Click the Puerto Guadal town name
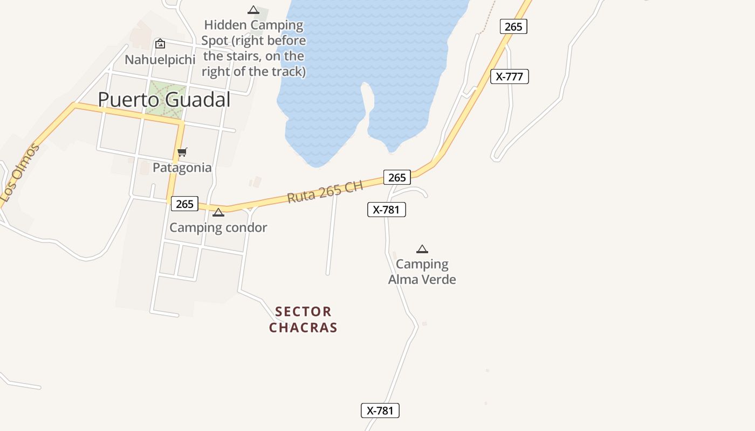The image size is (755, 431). [164, 100]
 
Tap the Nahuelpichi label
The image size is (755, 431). [160, 59]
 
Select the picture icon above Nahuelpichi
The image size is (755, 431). [160, 44]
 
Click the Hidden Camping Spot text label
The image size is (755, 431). [253, 48]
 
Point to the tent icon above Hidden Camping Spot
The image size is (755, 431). [253, 10]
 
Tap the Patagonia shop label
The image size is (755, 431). [182, 168]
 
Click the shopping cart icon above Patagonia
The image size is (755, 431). [182, 152]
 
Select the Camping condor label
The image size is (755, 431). [218, 227]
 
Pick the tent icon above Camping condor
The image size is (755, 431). [218, 212]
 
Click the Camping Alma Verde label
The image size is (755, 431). [422, 272]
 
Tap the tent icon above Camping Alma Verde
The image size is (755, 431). [422, 249]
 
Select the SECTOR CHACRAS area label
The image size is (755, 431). [303, 319]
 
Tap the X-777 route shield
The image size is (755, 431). [509, 77]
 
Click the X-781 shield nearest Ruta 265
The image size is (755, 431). [386, 210]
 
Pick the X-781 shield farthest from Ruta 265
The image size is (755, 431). [380, 411]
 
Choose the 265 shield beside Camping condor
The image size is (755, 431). [184, 204]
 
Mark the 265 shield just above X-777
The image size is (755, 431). [513, 26]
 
